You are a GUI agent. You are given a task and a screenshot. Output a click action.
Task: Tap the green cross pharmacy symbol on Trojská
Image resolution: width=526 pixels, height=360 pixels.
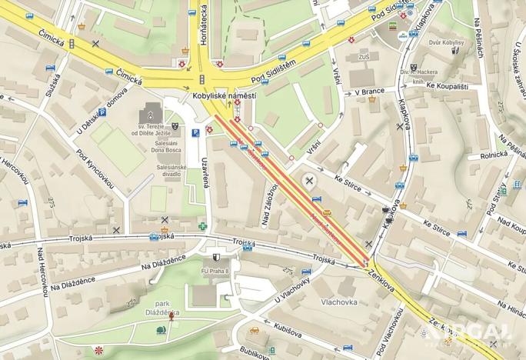203,226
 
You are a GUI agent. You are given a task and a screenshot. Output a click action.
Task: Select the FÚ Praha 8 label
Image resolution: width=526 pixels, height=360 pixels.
218,270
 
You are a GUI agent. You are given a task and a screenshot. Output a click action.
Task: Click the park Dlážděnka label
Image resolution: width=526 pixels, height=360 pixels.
162,308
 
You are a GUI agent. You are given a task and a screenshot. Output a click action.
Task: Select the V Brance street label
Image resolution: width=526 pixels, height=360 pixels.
369,92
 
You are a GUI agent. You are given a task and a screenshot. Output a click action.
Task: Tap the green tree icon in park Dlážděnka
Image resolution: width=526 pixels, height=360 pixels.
161,330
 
